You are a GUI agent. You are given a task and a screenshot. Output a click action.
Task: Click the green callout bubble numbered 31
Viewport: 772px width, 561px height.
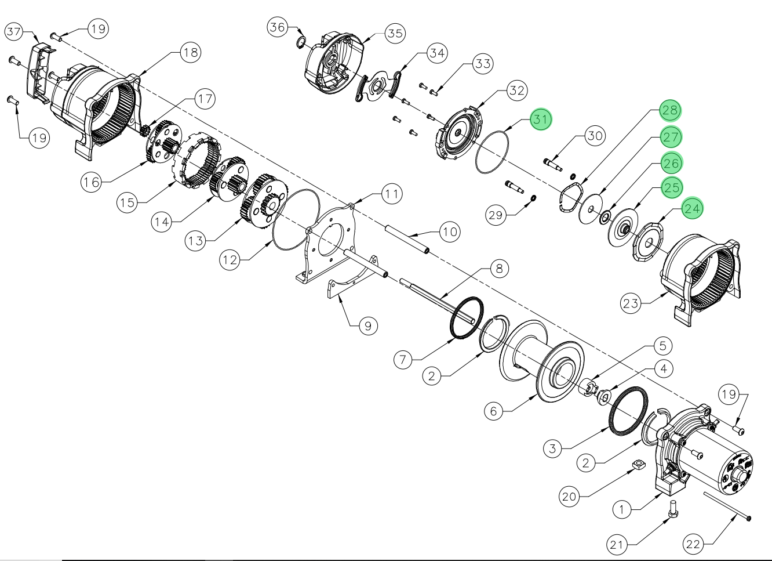[540, 120]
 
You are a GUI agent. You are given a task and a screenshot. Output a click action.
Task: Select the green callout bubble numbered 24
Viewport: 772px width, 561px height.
[693, 208]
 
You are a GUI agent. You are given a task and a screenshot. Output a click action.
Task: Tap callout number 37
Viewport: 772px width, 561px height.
[14, 32]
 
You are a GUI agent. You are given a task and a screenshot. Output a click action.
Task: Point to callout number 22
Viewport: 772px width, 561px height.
[693, 545]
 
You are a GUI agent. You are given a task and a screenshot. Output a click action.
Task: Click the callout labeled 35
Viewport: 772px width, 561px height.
[395, 34]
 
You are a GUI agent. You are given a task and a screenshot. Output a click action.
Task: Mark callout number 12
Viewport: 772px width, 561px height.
[230, 260]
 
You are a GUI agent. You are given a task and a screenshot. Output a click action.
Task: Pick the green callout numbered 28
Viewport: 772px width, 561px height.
[671, 110]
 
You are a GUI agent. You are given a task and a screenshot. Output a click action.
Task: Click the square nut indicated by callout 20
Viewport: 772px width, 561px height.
[637, 466]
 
